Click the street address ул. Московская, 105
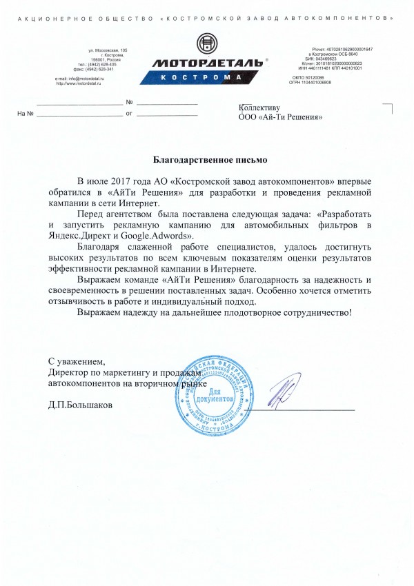(108, 51)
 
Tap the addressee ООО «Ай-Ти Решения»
(280, 118)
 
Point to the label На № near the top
(25, 113)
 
